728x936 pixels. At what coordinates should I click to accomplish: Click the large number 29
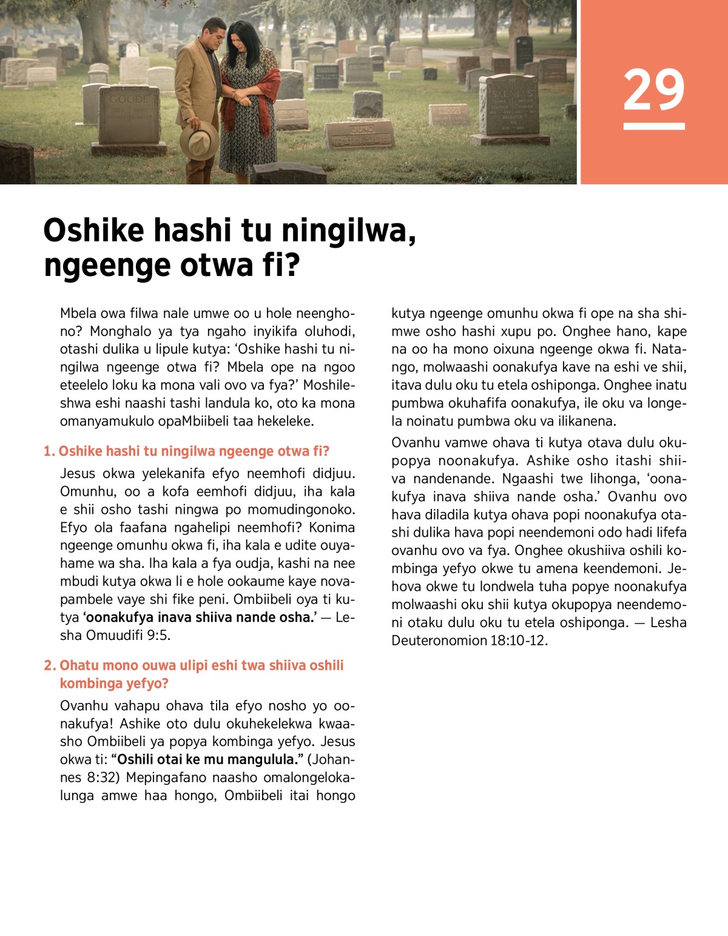tap(653, 90)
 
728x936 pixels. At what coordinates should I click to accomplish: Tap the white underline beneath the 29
tap(653, 126)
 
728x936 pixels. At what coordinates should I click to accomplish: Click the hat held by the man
tap(199, 140)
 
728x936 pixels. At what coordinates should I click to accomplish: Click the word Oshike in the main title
tap(93, 231)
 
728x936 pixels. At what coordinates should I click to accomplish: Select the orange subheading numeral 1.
tap(49, 451)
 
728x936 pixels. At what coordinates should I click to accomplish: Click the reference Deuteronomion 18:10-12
tap(468, 641)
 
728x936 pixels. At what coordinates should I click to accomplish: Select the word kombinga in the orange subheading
tap(83, 684)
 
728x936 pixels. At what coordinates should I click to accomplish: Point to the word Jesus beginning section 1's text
tap(78, 474)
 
